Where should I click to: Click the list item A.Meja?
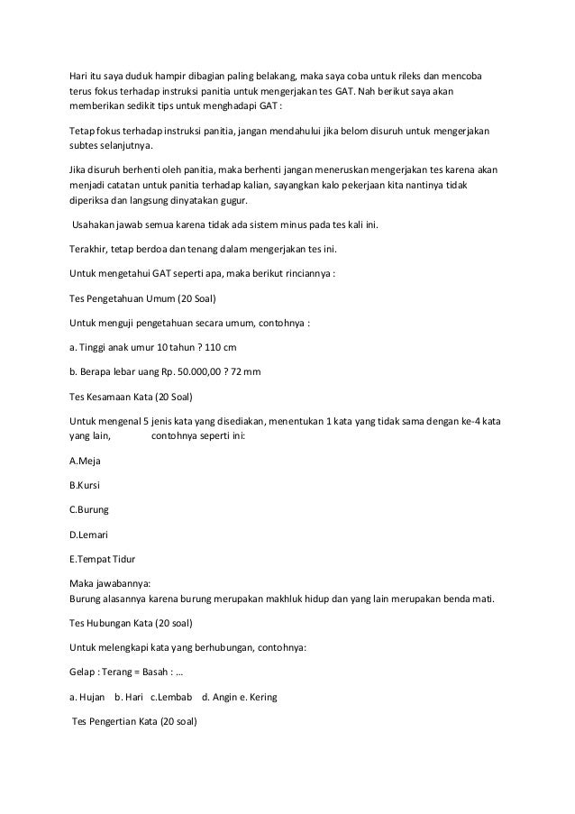[x=85, y=461]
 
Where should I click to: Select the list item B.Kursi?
[x=85, y=485]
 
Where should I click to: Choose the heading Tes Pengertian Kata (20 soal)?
[x=134, y=722]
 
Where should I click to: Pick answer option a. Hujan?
[x=87, y=698]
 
